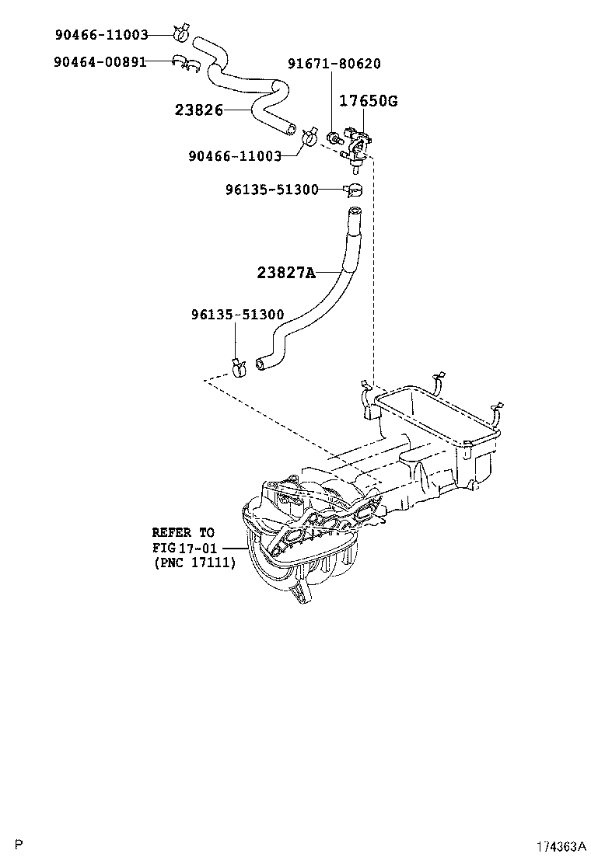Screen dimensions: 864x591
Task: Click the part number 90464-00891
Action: tap(100, 61)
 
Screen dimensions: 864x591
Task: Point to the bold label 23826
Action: tap(198, 110)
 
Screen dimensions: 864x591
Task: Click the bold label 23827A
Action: tap(286, 272)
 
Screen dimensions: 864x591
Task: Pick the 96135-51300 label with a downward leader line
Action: tap(237, 315)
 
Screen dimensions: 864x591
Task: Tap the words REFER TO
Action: tap(182, 532)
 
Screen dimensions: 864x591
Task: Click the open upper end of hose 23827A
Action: tap(354, 212)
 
